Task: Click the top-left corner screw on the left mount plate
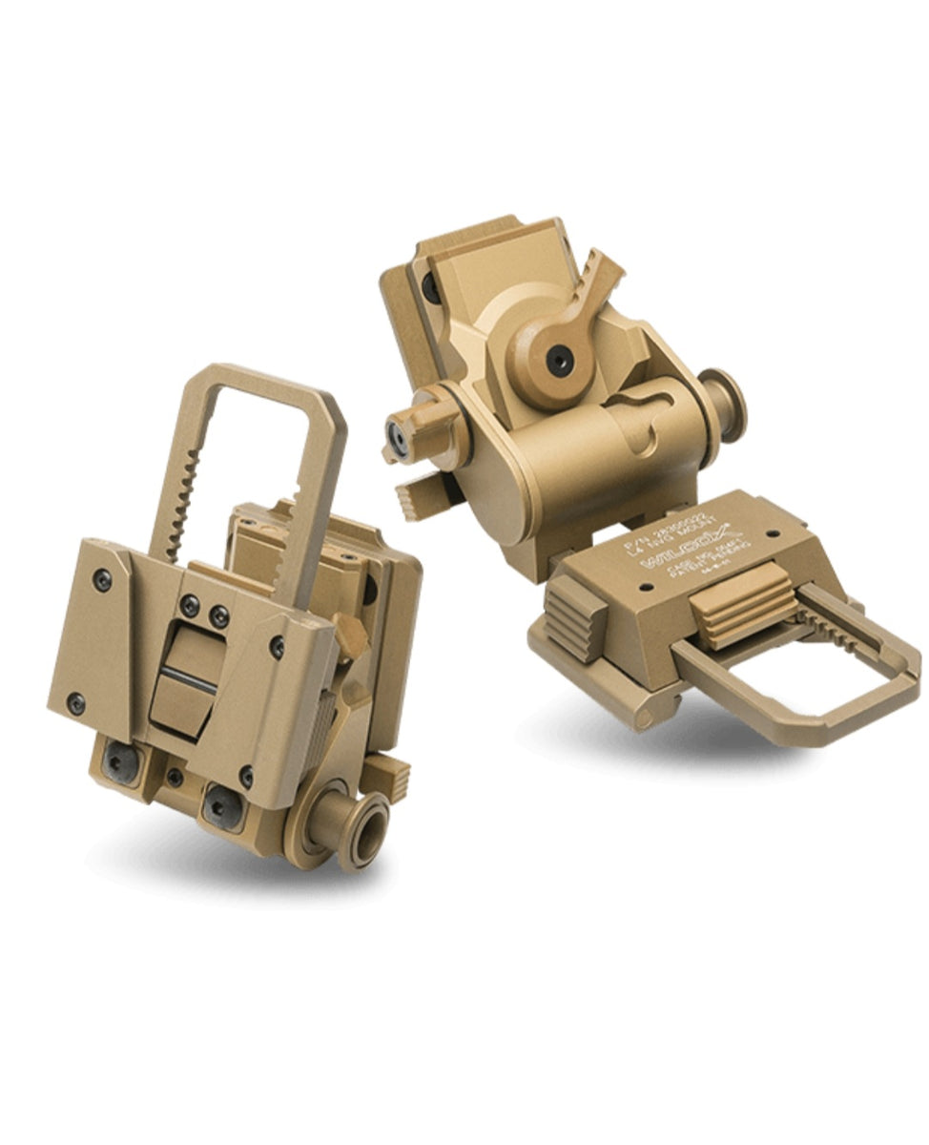(x=101, y=579)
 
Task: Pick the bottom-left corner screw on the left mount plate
(x=75, y=705)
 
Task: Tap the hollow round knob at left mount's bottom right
(x=362, y=829)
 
